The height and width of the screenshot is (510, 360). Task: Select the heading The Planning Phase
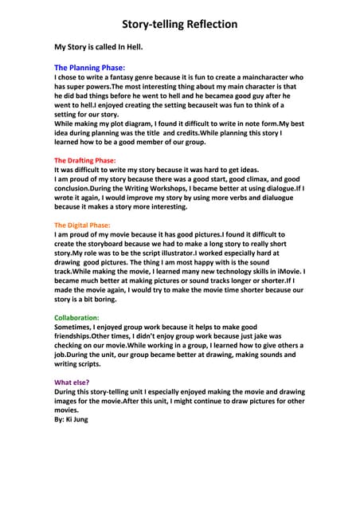tap(89, 68)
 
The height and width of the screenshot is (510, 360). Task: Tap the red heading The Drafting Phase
tap(84, 160)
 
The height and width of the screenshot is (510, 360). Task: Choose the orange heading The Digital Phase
tap(82, 225)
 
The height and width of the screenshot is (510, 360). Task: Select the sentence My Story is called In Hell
tap(98, 47)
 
